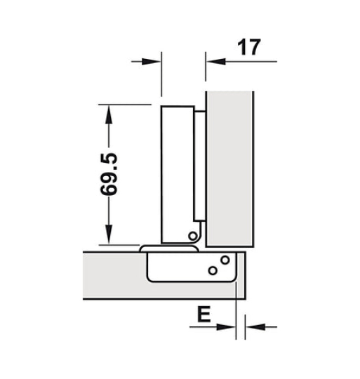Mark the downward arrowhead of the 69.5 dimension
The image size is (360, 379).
(108, 234)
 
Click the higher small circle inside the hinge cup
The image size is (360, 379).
(225, 261)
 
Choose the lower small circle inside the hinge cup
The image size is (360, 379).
(212, 270)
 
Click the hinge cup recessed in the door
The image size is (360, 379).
(182, 267)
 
